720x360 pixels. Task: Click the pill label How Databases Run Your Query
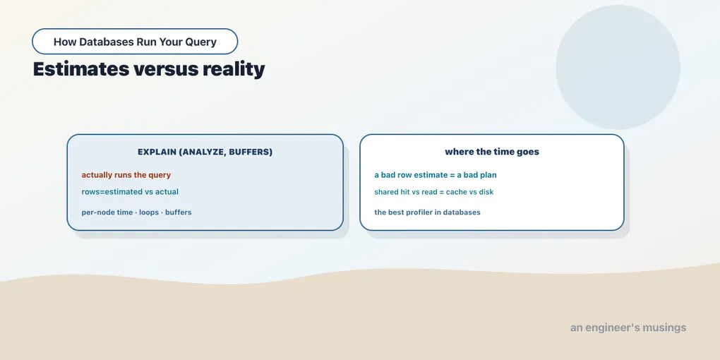pyautogui.click(x=135, y=42)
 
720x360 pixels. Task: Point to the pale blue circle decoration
pyautogui.click(x=618, y=67)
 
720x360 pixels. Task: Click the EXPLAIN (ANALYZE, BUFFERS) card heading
pyautogui.click(x=205, y=152)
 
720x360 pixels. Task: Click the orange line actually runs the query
pyautogui.click(x=126, y=175)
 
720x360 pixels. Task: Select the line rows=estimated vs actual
pyautogui.click(x=130, y=191)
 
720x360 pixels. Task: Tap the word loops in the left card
pyautogui.click(x=150, y=212)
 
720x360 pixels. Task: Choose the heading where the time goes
pyautogui.click(x=492, y=152)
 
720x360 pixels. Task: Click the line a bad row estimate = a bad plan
pyautogui.click(x=436, y=175)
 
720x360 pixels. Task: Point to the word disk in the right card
pyautogui.click(x=486, y=192)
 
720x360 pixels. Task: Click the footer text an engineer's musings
pyautogui.click(x=628, y=328)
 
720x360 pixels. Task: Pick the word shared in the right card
pyautogui.click(x=386, y=192)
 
